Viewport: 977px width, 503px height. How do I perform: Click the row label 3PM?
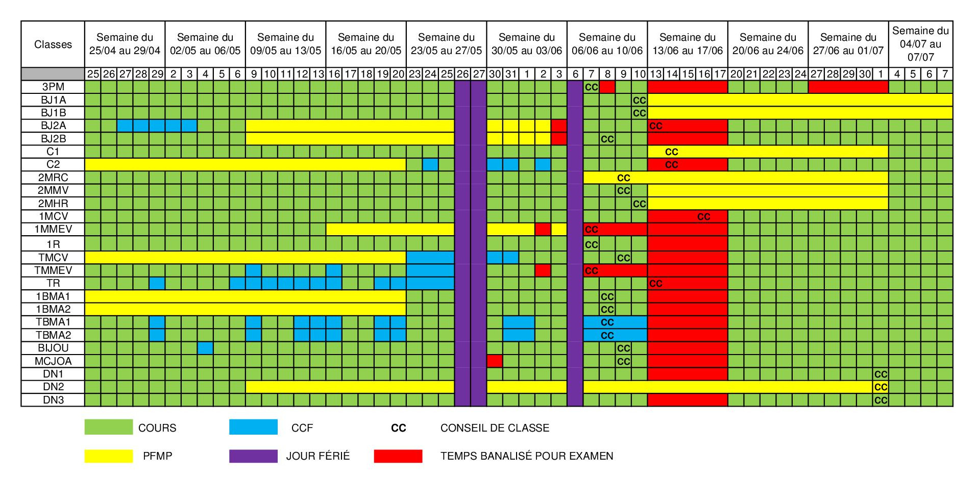click(x=53, y=87)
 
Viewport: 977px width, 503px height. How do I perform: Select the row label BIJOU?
click(x=53, y=348)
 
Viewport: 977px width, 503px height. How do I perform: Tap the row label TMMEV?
click(x=53, y=270)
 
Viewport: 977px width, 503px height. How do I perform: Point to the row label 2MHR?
click(x=53, y=204)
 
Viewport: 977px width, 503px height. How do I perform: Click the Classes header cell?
click(x=53, y=44)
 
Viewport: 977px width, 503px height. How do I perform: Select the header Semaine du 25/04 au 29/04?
click(x=125, y=44)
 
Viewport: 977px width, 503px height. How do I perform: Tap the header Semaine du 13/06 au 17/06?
click(x=688, y=44)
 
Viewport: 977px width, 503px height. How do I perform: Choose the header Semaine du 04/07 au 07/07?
click(x=920, y=44)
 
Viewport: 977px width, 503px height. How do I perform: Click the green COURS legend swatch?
click(x=108, y=427)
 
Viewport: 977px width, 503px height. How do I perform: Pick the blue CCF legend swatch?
click(x=253, y=427)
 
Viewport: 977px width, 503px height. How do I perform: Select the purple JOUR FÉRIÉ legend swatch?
click(x=253, y=456)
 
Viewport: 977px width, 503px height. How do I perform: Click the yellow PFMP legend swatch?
click(x=108, y=456)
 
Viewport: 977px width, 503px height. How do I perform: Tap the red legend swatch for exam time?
click(x=398, y=456)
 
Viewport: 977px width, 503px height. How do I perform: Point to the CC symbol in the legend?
click(x=399, y=428)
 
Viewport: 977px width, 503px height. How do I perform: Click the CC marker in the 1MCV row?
click(x=703, y=217)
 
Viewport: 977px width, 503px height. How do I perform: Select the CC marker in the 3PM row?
click(x=591, y=87)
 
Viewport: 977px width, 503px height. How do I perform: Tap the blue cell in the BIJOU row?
click(x=205, y=348)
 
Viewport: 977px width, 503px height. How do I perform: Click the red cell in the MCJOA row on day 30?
click(x=495, y=361)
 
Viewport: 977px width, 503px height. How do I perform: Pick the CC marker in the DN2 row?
click(x=881, y=387)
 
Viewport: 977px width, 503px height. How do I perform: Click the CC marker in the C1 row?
click(x=671, y=152)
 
